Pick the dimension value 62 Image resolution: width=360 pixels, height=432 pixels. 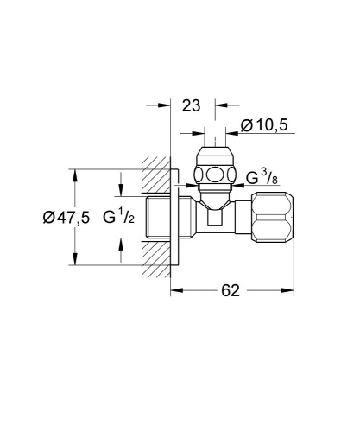coord(228,291)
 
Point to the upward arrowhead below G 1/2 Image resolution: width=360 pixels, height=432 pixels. coord(121,245)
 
